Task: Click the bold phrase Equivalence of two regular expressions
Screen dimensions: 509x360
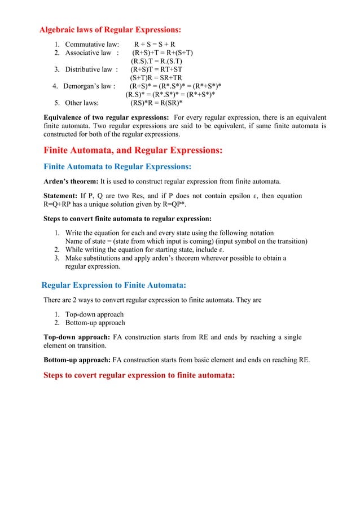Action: click(106, 117)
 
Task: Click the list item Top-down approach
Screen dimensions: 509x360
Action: click(94, 314)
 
